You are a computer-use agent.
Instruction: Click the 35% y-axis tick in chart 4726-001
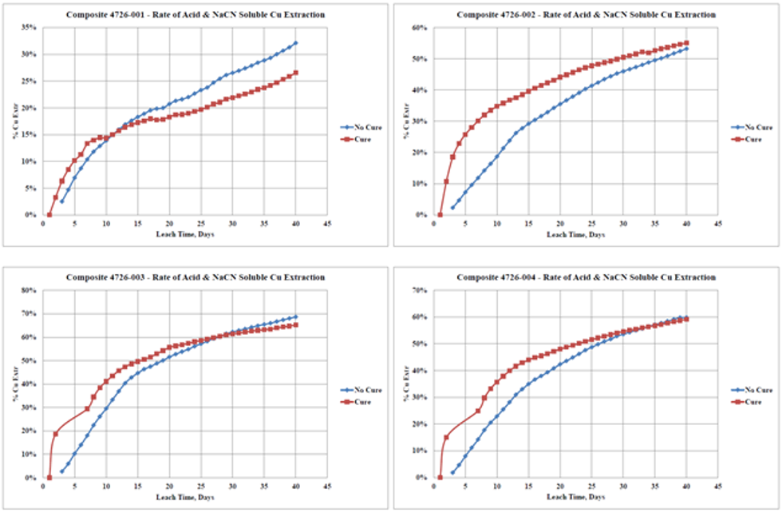tap(29, 27)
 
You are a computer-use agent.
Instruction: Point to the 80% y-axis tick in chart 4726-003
tap(29, 289)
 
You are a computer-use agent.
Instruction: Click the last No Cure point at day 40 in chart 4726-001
tap(295, 43)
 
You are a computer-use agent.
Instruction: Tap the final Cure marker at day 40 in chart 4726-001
tap(295, 73)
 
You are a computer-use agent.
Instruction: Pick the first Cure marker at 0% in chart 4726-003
tap(49, 478)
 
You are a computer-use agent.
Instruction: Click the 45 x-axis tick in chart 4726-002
tap(717, 224)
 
